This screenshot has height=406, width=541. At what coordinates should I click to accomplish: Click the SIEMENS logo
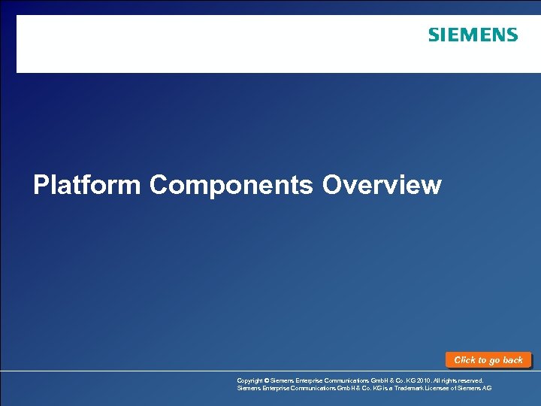[x=473, y=35]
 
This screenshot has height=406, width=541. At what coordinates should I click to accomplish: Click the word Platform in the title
[x=86, y=185]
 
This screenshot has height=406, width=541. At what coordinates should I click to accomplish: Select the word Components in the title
[x=231, y=185]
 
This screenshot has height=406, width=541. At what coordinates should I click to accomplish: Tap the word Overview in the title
[x=382, y=185]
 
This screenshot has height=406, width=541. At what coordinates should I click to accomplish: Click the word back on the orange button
[x=512, y=360]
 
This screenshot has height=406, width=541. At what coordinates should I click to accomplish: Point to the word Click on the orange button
[x=465, y=360]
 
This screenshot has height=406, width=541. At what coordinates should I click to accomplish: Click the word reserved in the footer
[x=470, y=381]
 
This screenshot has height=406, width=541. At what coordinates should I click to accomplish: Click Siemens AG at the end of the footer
[x=479, y=389]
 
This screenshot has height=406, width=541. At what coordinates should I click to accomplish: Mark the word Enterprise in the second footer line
[x=278, y=389]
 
